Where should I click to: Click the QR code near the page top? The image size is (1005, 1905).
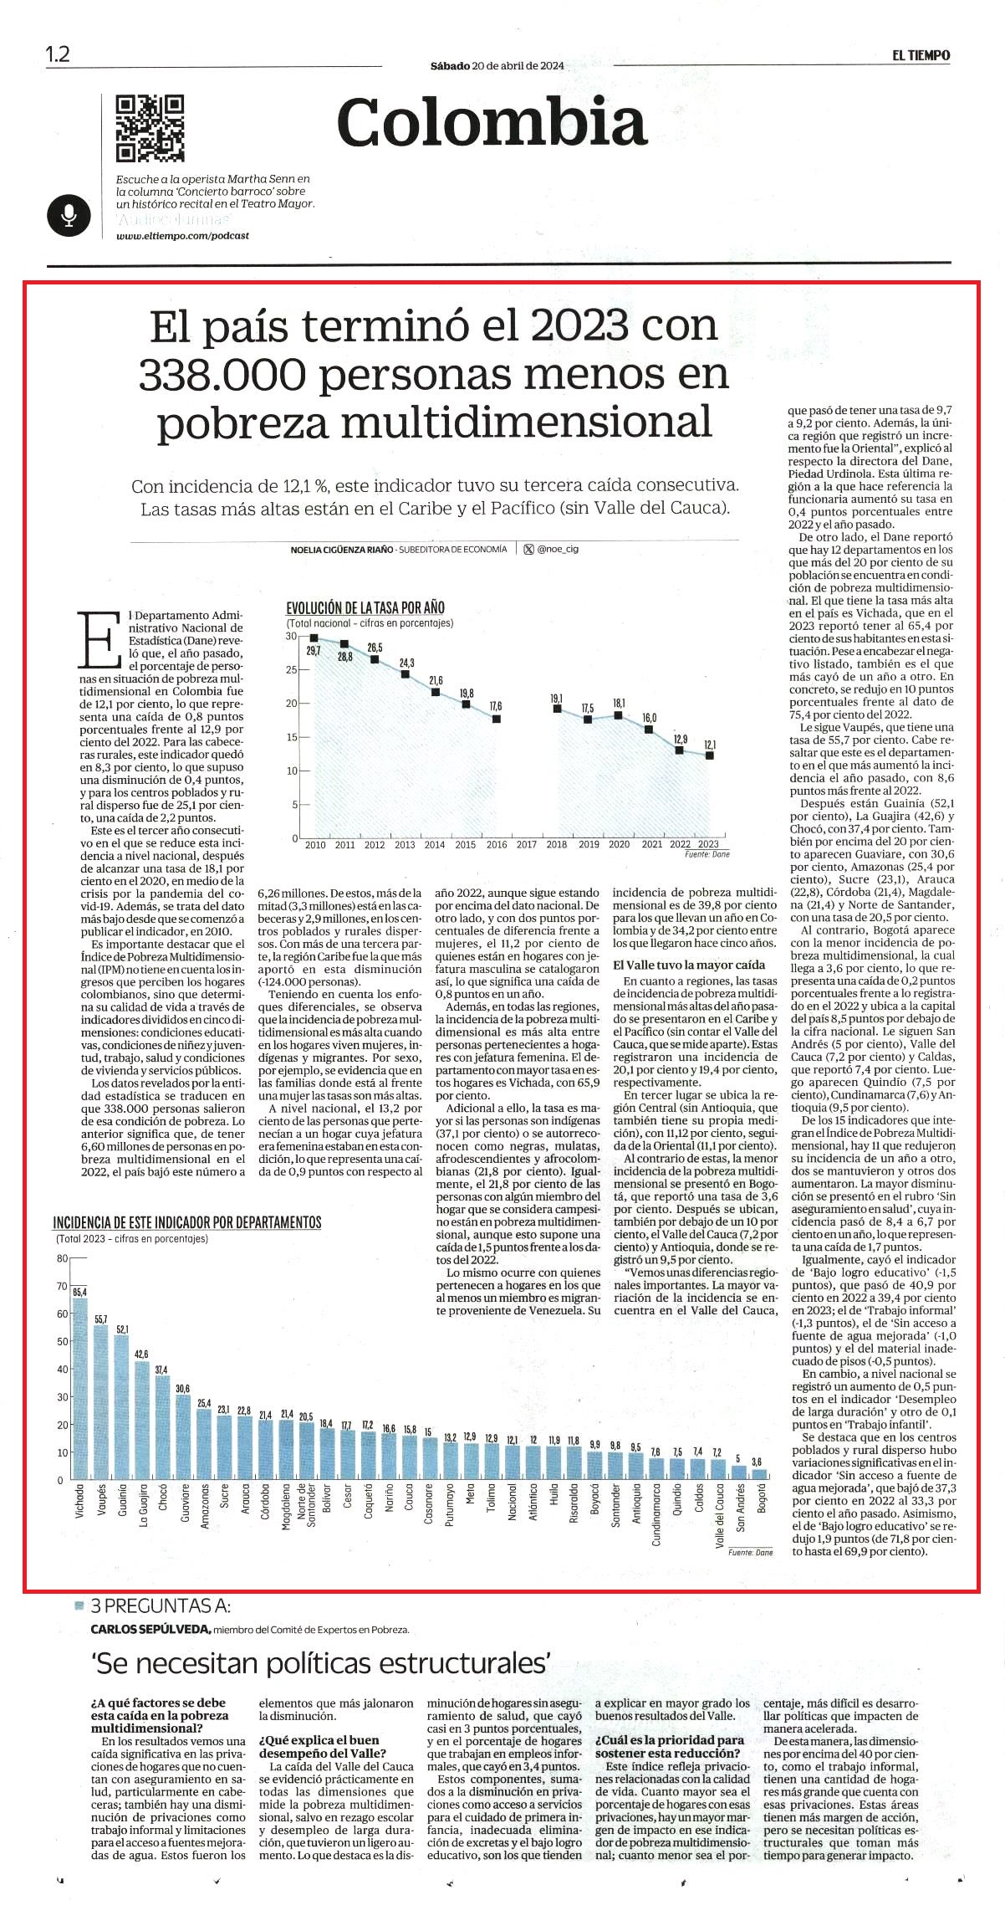150,128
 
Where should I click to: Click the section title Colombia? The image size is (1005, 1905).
492,122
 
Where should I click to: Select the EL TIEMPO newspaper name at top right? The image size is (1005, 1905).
920,55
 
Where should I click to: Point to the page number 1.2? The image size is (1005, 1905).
58,55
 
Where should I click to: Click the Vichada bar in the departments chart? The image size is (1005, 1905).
79,1390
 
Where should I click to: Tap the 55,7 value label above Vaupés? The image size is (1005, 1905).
100,1319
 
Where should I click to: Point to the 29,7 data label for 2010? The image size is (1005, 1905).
314,651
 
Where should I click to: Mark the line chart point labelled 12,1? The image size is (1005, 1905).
710,755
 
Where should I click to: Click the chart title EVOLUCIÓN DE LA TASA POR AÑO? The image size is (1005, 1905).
365,608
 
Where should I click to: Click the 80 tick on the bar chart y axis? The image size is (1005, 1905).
61,1259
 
